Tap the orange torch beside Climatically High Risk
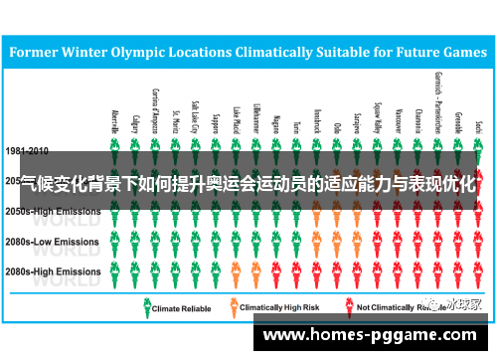[x=234, y=307]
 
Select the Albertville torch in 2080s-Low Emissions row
[x=115, y=241]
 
